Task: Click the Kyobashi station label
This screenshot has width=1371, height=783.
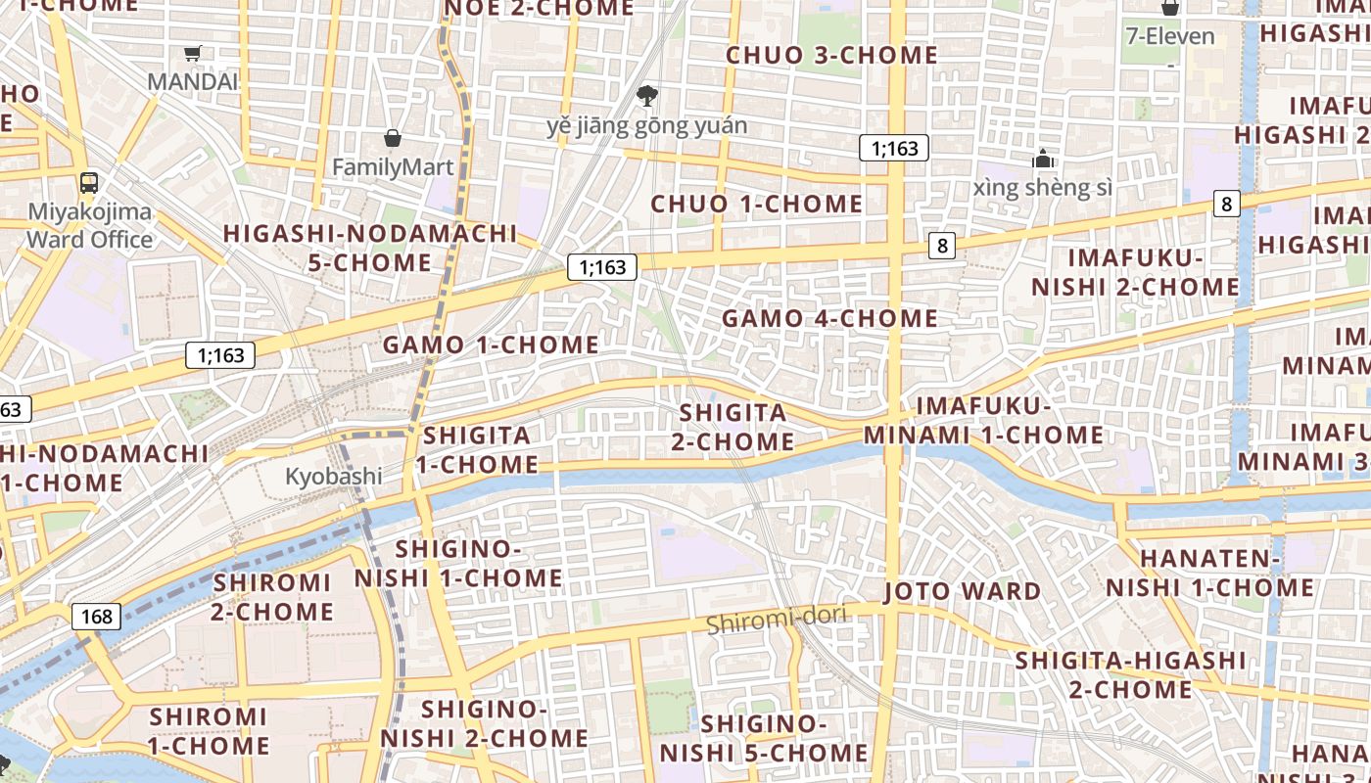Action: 333,477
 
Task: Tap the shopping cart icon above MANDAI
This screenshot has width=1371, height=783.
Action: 193,54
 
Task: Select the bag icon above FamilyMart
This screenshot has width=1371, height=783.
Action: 393,138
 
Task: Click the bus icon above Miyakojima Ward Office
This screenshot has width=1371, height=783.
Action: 89,182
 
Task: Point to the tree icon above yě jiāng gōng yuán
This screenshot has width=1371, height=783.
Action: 646,96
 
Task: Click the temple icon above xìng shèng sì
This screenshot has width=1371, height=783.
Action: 1043,159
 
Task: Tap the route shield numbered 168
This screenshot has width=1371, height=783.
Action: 96,617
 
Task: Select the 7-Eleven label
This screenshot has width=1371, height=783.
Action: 1169,37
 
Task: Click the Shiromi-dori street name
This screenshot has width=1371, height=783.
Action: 762,622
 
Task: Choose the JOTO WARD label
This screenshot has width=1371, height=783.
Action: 962,591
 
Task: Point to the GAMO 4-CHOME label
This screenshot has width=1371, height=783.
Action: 829,318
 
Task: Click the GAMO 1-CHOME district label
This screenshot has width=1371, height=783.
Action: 490,345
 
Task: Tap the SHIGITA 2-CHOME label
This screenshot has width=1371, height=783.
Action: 733,427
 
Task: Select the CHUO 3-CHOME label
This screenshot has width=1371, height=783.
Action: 831,56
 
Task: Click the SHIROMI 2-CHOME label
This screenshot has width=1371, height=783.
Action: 272,597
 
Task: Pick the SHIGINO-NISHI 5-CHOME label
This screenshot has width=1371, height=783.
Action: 763,738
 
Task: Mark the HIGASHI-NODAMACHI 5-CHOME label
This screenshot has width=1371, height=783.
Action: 369,248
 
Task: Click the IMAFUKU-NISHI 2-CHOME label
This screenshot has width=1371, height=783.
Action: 1134,272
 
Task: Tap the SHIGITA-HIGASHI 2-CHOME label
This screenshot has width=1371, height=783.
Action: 1130,674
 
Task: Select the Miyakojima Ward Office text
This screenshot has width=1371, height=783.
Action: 89,225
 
